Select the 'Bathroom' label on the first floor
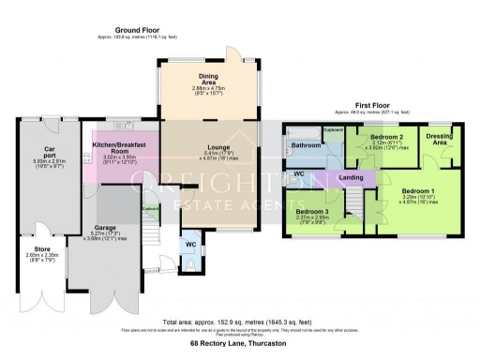(306, 146)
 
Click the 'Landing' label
(352, 178)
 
